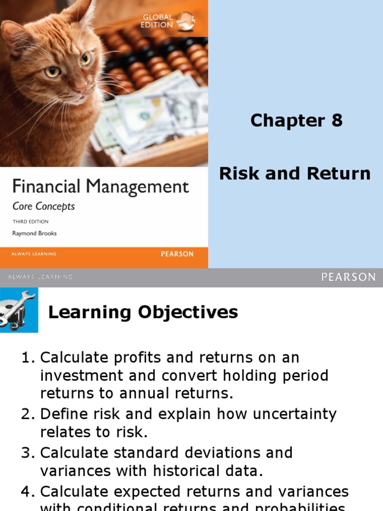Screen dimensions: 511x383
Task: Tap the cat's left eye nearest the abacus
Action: (85, 59)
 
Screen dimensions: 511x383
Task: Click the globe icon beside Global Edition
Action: (186, 20)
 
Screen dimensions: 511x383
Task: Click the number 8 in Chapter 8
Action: (337, 120)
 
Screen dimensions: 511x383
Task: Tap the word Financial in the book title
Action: (46, 188)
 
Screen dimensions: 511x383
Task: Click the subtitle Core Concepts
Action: (43, 206)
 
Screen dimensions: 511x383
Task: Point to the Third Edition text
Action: (30, 221)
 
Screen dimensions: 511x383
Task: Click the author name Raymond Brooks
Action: (34, 233)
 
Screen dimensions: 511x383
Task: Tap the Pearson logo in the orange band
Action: (177, 254)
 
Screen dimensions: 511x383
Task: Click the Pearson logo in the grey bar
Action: (348, 277)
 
